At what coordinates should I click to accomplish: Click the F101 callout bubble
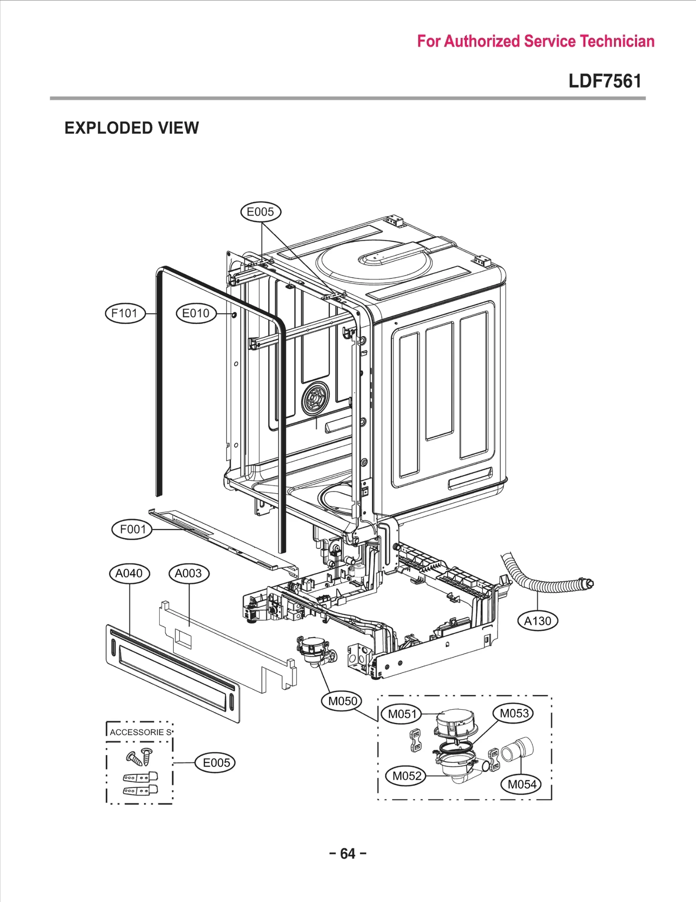125,313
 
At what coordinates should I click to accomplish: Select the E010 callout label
196,313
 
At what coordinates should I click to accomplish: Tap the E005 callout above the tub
261,212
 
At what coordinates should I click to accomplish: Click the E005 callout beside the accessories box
216,762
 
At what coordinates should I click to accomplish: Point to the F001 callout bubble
133,529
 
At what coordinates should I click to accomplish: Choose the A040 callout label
129,573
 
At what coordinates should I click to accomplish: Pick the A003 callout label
188,573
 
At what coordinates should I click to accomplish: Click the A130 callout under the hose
538,621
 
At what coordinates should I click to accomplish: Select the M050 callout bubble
342,701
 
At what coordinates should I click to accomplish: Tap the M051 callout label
402,714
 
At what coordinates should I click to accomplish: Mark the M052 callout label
407,775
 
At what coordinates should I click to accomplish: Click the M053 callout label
514,713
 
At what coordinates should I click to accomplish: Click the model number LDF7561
605,81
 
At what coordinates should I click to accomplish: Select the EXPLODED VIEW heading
132,128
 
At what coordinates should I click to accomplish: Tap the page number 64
348,853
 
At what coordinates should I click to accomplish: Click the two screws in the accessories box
140,757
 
